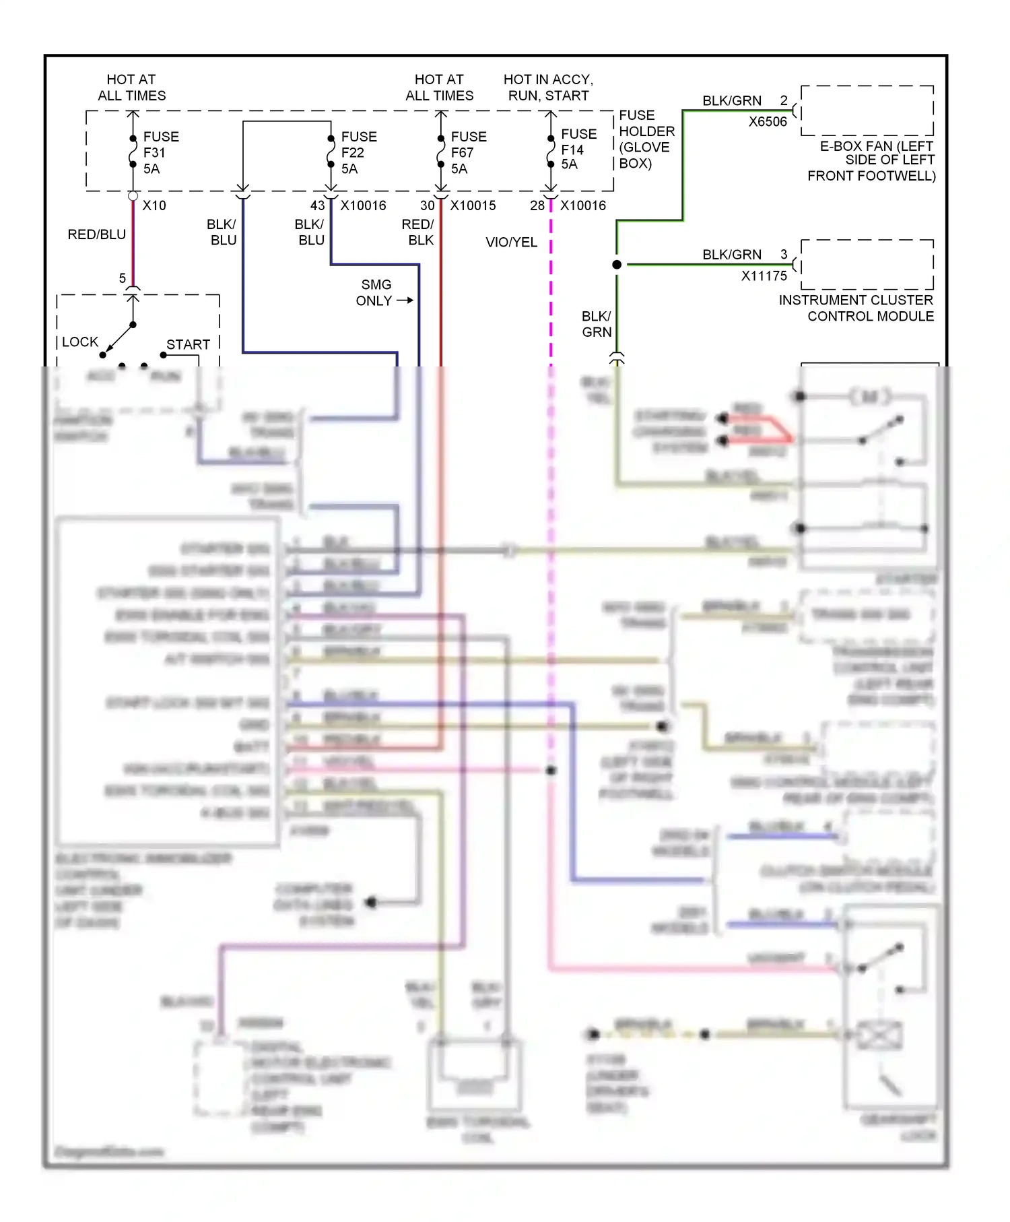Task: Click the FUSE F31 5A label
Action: coord(160,153)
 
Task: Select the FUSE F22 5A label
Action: coord(358,153)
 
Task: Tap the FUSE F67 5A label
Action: coord(468,153)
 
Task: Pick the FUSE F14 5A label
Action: coord(578,149)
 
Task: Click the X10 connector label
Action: coord(154,205)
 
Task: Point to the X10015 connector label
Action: coord(473,205)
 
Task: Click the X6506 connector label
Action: coord(768,122)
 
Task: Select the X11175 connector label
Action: coord(764,276)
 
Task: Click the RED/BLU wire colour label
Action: coord(96,234)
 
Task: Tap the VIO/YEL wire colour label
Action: coord(511,243)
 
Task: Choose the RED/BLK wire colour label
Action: coord(418,232)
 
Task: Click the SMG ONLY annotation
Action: coord(375,293)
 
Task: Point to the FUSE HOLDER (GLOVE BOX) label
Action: coord(646,139)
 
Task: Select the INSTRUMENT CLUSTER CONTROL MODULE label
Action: coord(856,308)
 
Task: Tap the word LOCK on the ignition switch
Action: coord(79,342)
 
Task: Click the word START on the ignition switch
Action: coord(188,344)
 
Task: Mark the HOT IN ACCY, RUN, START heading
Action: coord(548,88)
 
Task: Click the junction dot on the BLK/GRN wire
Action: coord(617,265)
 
